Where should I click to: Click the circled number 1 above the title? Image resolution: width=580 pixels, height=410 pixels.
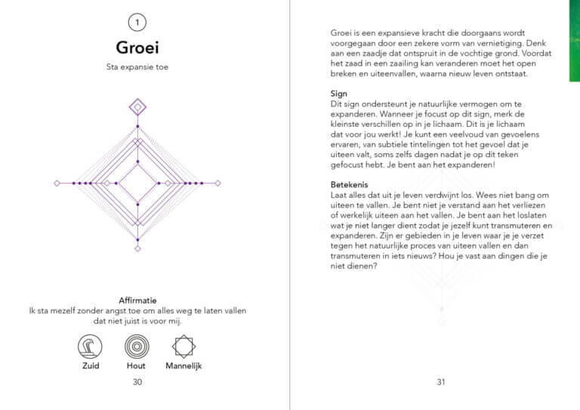pos(137,21)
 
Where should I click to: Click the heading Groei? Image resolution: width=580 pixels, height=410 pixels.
pos(137,48)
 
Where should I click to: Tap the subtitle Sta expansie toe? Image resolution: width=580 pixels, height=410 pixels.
pos(137,67)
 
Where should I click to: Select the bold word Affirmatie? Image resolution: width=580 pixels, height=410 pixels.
pos(137,300)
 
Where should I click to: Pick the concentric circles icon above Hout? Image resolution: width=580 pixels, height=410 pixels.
pos(137,347)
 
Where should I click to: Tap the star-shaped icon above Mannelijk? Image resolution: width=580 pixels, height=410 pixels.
pos(184,347)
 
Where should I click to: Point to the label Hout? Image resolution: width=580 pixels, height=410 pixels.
pos(137,366)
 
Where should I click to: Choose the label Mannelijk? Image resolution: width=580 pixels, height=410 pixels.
pos(184,366)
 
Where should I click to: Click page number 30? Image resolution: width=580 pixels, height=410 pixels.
pos(137,382)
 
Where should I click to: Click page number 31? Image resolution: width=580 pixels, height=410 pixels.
pos(441,382)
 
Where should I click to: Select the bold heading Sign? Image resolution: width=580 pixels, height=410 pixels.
pos(340,93)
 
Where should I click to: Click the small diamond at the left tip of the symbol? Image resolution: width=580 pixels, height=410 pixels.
pos(57,183)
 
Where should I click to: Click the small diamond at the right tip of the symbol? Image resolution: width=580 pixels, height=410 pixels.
pos(218,183)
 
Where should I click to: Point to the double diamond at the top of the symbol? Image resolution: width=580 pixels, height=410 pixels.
pos(137,107)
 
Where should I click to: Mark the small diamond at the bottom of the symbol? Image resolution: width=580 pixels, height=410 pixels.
pos(137,248)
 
